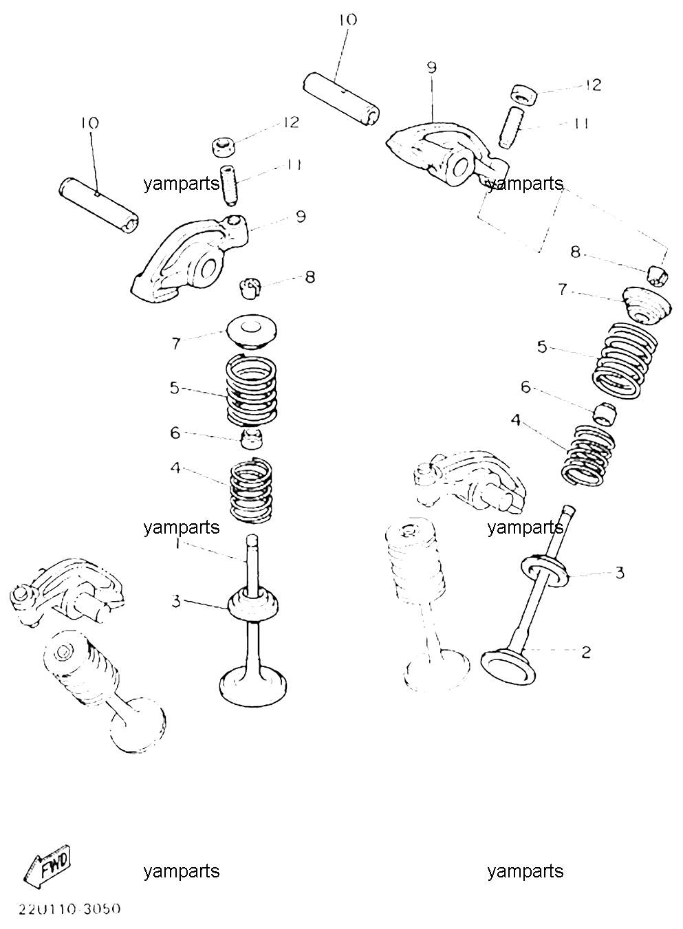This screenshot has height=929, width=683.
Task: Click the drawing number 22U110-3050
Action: tap(69, 910)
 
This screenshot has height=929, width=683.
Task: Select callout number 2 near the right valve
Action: tap(586, 653)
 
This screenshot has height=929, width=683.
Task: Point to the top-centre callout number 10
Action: tap(348, 19)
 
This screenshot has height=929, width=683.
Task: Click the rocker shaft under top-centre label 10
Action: tap(341, 98)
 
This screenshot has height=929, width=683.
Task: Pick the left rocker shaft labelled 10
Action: tap(98, 206)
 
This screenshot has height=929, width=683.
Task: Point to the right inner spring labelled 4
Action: tap(588, 455)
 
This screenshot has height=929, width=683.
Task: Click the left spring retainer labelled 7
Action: tap(252, 333)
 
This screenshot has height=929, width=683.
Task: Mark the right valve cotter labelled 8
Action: tap(658, 275)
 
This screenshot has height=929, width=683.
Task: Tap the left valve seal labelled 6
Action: tap(252, 439)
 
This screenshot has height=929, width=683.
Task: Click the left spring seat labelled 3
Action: tap(253, 605)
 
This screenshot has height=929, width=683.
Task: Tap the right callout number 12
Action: tap(594, 85)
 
